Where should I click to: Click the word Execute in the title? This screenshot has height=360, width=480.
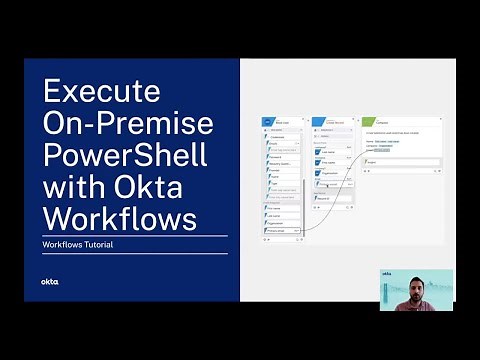tap(102, 92)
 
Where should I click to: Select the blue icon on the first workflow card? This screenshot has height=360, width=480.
tap(268, 122)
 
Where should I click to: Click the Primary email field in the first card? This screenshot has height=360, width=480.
tap(281, 230)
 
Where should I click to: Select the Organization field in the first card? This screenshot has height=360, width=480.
tap(281, 223)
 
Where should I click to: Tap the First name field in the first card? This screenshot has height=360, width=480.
tap(281, 208)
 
